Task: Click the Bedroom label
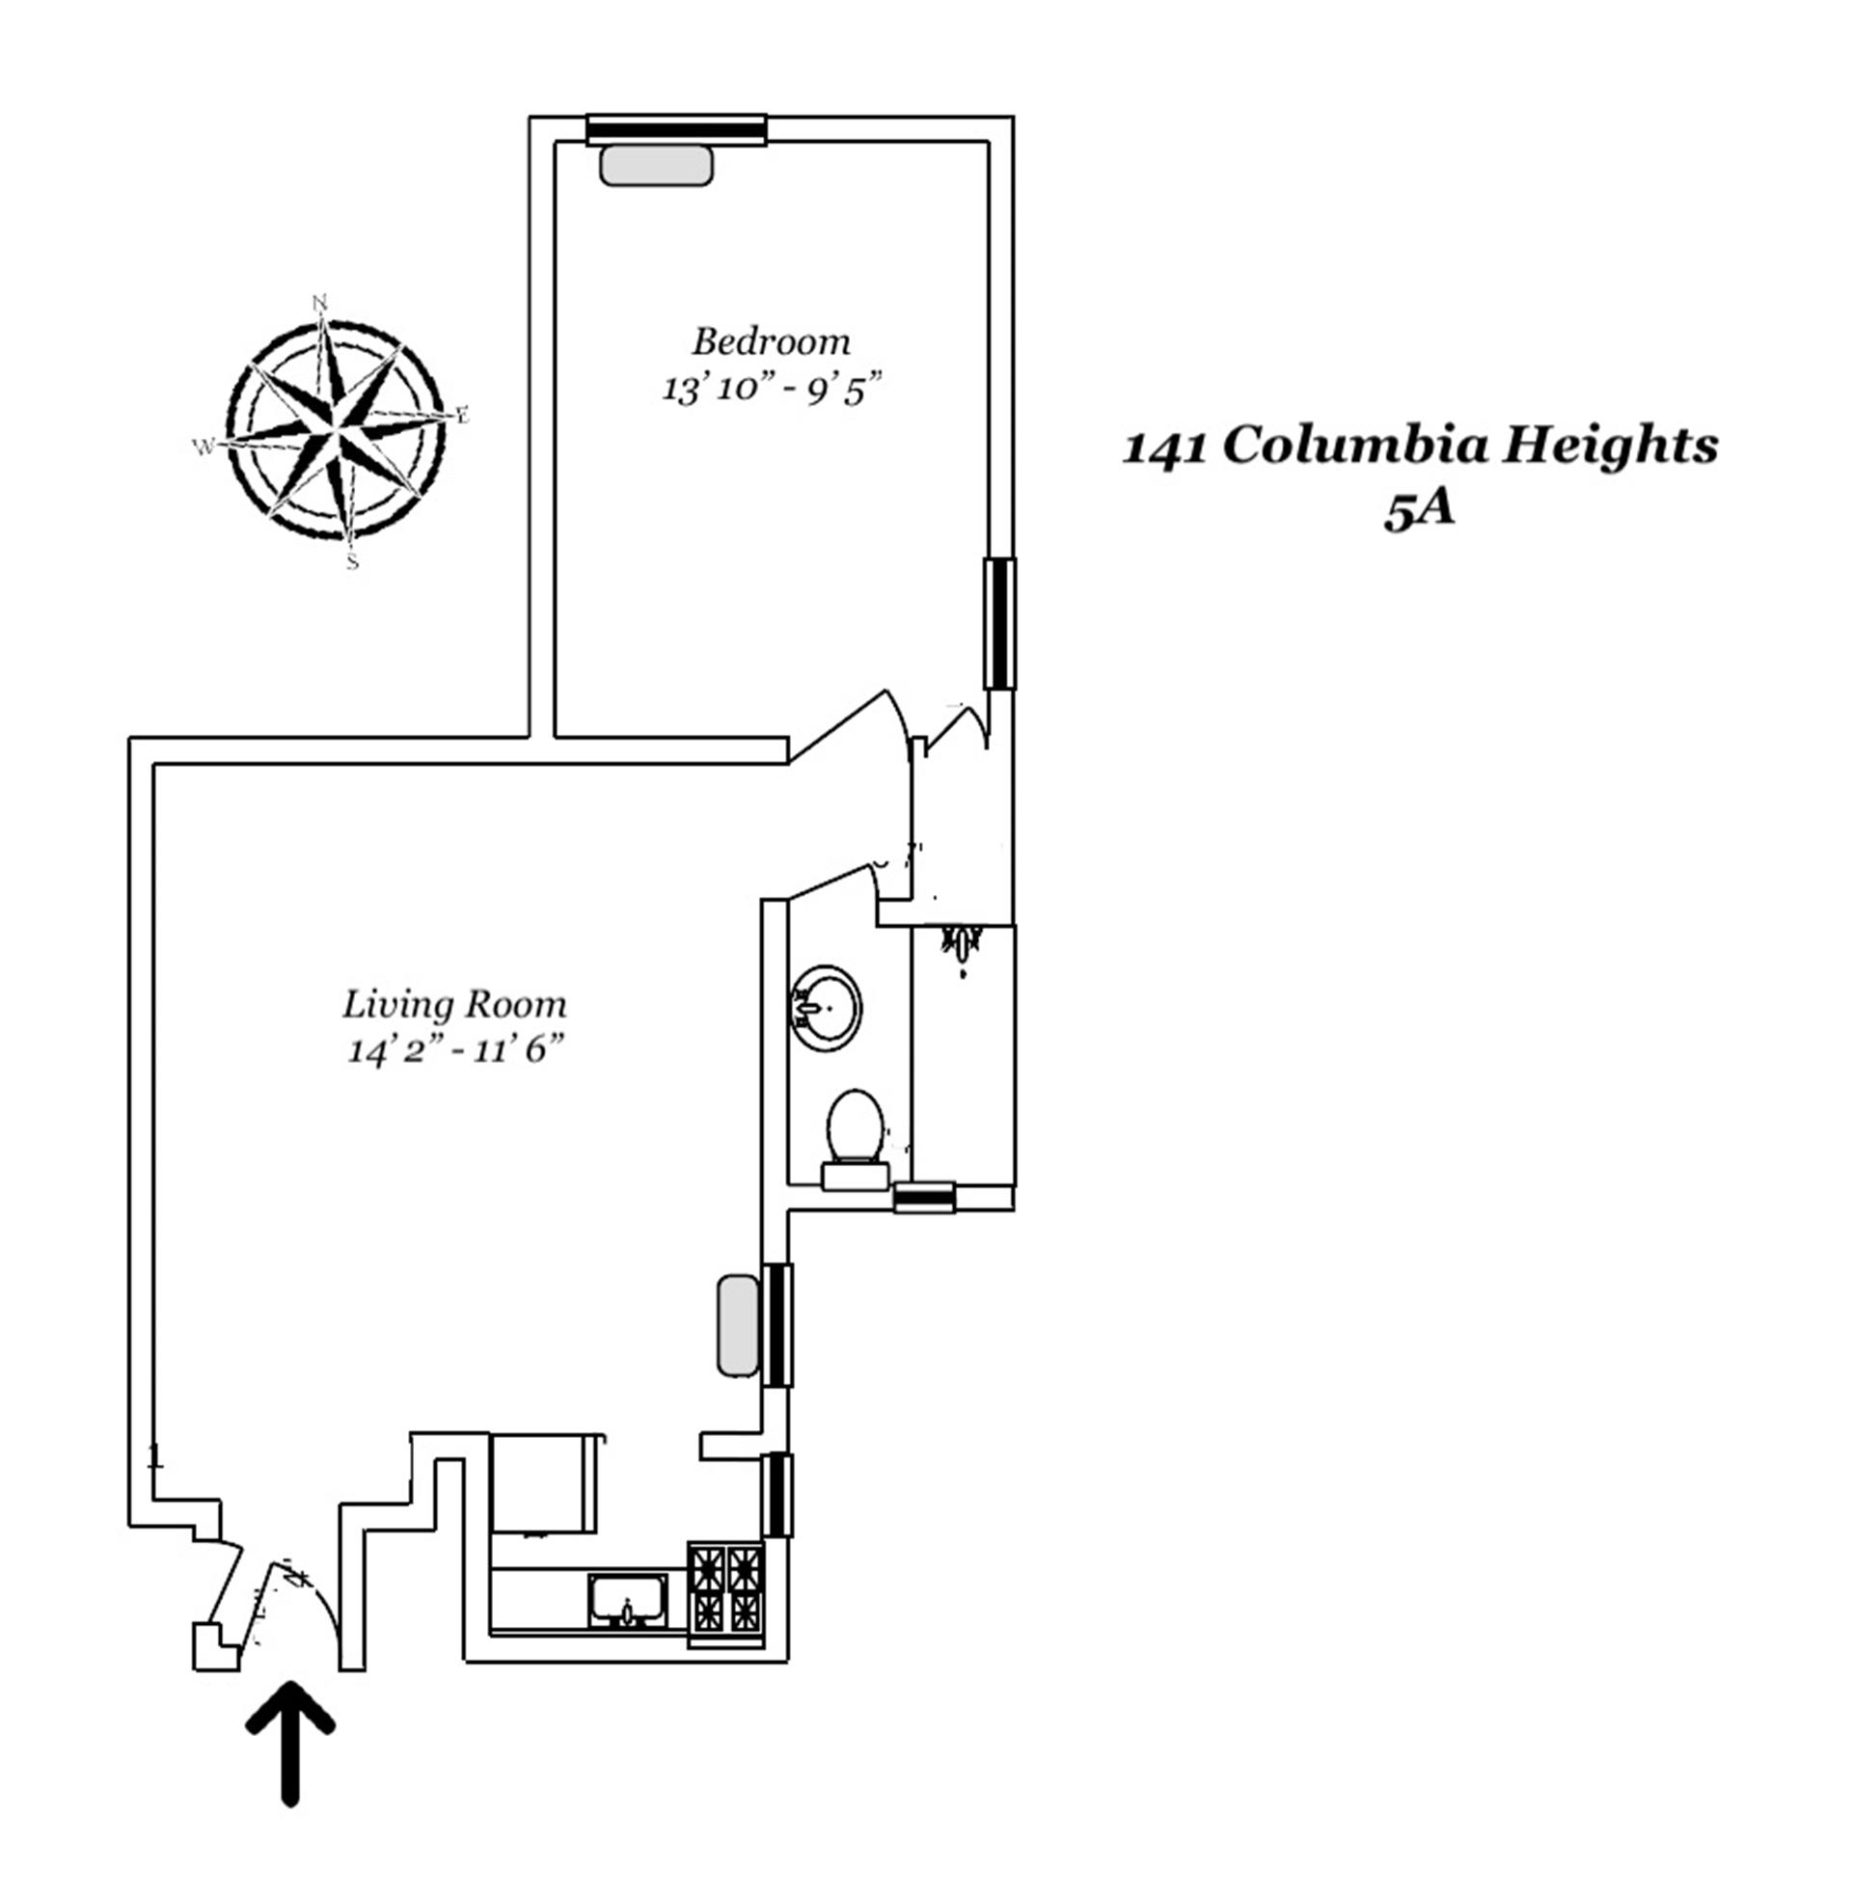[x=771, y=342]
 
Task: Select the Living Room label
[x=454, y=1004]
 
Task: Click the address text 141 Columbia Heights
[x=1420, y=447]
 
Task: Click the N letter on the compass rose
[x=320, y=303]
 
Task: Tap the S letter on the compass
[x=352, y=562]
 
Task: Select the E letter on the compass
[x=463, y=417]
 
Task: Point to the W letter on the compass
[x=204, y=447]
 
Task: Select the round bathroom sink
[x=826, y=1007]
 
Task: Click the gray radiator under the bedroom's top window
[x=657, y=165]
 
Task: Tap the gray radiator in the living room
[x=738, y=1326]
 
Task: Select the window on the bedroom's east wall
[x=999, y=623]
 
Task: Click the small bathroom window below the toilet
[x=924, y=1197]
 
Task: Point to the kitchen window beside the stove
[x=777, y=1495]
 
